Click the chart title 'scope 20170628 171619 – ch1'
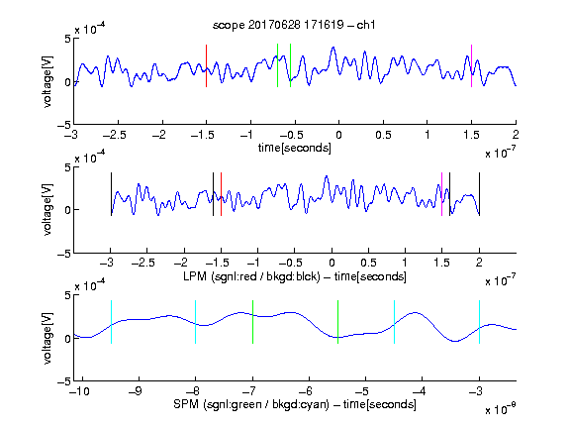294,25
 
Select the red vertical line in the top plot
207,65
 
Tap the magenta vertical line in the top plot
471,65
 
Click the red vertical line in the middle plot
221,194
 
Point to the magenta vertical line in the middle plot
441,194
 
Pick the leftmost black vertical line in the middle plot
111,194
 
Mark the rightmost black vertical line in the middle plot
479,194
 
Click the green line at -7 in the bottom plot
252,322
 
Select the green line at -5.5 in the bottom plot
337,322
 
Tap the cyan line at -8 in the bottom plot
196,322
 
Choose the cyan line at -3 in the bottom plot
479,322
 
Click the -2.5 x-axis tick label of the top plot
115,136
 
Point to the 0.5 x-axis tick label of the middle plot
368,263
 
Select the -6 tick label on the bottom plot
306,391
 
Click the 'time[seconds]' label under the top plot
295,149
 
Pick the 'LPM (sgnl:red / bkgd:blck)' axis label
251,276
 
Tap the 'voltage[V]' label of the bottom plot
47,338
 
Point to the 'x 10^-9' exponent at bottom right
500,409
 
